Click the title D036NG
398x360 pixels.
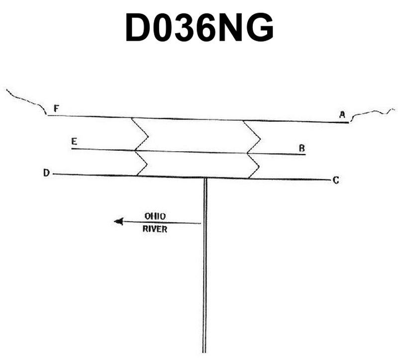(x=199, y=27)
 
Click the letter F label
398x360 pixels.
(x=56, y=108)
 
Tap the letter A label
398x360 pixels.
(x=342, y=115)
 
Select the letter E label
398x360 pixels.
(x=74, y=141)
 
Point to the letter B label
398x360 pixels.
(x=302, y=148)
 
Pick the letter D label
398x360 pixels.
(x=46, y=173)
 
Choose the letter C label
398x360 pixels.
(x=336, y=180)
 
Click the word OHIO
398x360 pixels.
(x=155, y=216)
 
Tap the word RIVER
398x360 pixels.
(x=155, y=229)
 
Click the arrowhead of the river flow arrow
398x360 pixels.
(x=118, y=221)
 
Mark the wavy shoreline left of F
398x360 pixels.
(x=26, y=101)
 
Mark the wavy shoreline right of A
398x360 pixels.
(x=372, y=115)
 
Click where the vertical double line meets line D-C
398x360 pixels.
(x=205, y=178)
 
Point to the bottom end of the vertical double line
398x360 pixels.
(x=204, y=353)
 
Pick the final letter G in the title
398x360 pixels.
(x=260, y=27)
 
